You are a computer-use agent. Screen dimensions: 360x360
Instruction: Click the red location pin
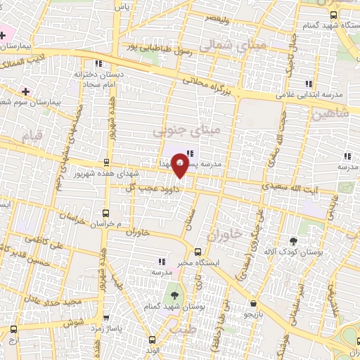tap(180, 163)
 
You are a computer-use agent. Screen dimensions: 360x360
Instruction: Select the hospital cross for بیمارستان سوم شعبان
tap(26, 91)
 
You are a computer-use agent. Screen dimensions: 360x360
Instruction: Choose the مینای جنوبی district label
tap(187, 130)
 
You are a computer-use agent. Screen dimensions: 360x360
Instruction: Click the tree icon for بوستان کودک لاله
tap(294, 240)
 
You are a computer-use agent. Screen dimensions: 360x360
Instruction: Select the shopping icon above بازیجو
tap(252, 304)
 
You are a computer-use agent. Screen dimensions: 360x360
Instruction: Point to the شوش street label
tap(75, 322)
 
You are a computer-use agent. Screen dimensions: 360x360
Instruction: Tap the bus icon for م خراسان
tap(106, 212)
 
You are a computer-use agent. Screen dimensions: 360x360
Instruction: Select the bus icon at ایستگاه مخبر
tap(198, 251)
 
